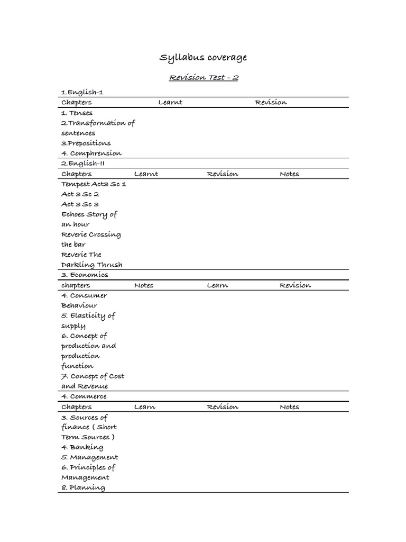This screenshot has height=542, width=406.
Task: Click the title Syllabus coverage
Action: coord(203,57)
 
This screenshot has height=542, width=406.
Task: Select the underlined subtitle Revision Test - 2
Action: coord(204,77)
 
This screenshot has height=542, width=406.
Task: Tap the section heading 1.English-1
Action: coord(82,92)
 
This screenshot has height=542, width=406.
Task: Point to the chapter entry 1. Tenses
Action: coord(77,113)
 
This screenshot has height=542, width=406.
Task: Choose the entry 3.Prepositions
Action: coord(86,143)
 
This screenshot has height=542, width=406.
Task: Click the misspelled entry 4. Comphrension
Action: coord(91,153)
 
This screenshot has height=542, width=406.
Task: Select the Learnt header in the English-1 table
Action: coord(170,102)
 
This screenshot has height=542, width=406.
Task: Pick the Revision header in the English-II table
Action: coord(222,174)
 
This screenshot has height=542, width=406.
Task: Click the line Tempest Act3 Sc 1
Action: coord(94,184)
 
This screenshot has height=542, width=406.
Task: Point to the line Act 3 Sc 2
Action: coord(80,194)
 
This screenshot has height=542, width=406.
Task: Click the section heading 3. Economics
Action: coord(85,275)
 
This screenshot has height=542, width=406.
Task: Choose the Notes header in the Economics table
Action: coord(144,285)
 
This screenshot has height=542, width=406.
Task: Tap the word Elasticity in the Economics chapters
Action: coord(88,315)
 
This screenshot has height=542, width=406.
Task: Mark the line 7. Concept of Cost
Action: coord(93,376)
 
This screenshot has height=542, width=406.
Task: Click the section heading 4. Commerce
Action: coord(84,396)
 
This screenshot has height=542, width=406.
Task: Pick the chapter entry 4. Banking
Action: coord(82,447)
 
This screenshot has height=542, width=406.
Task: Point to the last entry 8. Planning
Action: coord(83,487)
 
